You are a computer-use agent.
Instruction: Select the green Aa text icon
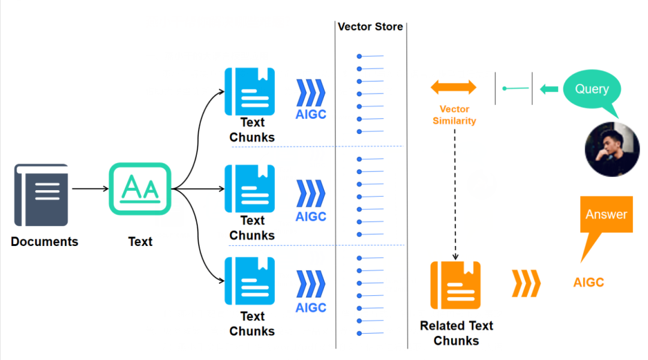point(140,189)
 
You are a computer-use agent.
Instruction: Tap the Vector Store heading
point(370,27)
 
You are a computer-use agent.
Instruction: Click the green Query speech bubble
point(592,90)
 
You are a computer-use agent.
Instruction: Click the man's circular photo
point(612,150)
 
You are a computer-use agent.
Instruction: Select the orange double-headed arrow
point(454,88)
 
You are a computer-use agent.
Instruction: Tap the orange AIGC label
point(589,283)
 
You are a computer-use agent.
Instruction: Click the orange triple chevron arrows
point(526,284)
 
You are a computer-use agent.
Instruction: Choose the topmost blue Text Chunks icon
point(250,91)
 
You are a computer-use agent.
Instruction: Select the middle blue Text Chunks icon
point(250,188)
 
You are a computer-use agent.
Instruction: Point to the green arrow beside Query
point(548,89)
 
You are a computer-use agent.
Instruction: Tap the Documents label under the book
point(44,242)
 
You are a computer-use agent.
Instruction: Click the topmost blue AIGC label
point(311,114)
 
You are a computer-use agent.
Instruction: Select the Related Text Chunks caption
point(456,333)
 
